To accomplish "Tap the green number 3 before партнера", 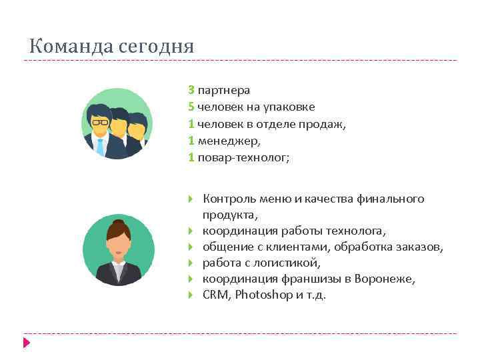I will click(x=191, y=89).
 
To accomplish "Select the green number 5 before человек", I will click(x=191, y=107).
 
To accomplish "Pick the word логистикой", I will click(x=291, y=263).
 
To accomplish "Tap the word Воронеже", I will click(x=385, y=279).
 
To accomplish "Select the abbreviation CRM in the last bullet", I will click(x=215, y=295).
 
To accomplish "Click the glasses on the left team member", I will click(x=101, y=122).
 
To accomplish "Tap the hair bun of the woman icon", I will click(x=117, y=222).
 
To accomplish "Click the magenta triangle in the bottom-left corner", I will click(x=27, y=343).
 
